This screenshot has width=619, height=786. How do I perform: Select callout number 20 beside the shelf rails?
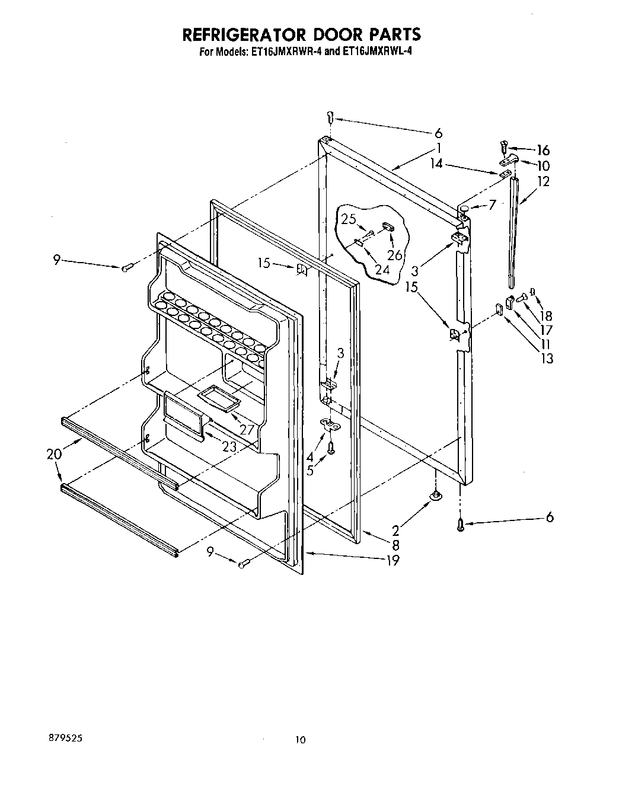(54, 454)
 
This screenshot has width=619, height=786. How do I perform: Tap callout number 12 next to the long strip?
(543, 181)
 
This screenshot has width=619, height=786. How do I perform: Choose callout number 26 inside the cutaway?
(394, 255)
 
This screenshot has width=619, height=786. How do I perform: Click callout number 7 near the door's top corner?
(492, 205)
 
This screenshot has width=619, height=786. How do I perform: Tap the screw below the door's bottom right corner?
(461, 525)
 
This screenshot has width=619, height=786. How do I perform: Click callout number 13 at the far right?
(546, 358)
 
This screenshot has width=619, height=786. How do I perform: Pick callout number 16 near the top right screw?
(543, 150)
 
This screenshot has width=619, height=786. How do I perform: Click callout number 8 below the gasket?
(395, 545)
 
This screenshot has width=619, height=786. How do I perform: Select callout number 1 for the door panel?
(438, 148)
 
